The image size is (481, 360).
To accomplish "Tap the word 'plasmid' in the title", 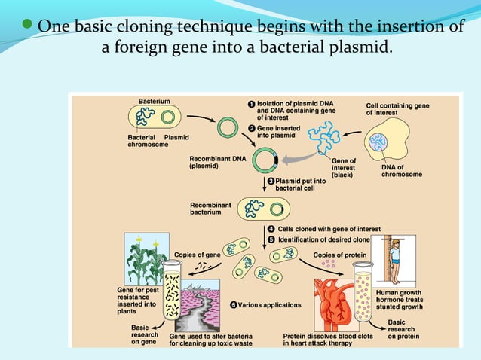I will pos(358,50).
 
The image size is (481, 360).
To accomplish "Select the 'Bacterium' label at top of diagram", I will pos(154,100).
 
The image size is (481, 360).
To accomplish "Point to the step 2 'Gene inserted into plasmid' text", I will pos(278,132).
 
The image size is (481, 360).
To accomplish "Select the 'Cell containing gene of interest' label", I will pos(397,109).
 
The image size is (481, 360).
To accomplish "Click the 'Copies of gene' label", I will pos(197,255).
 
